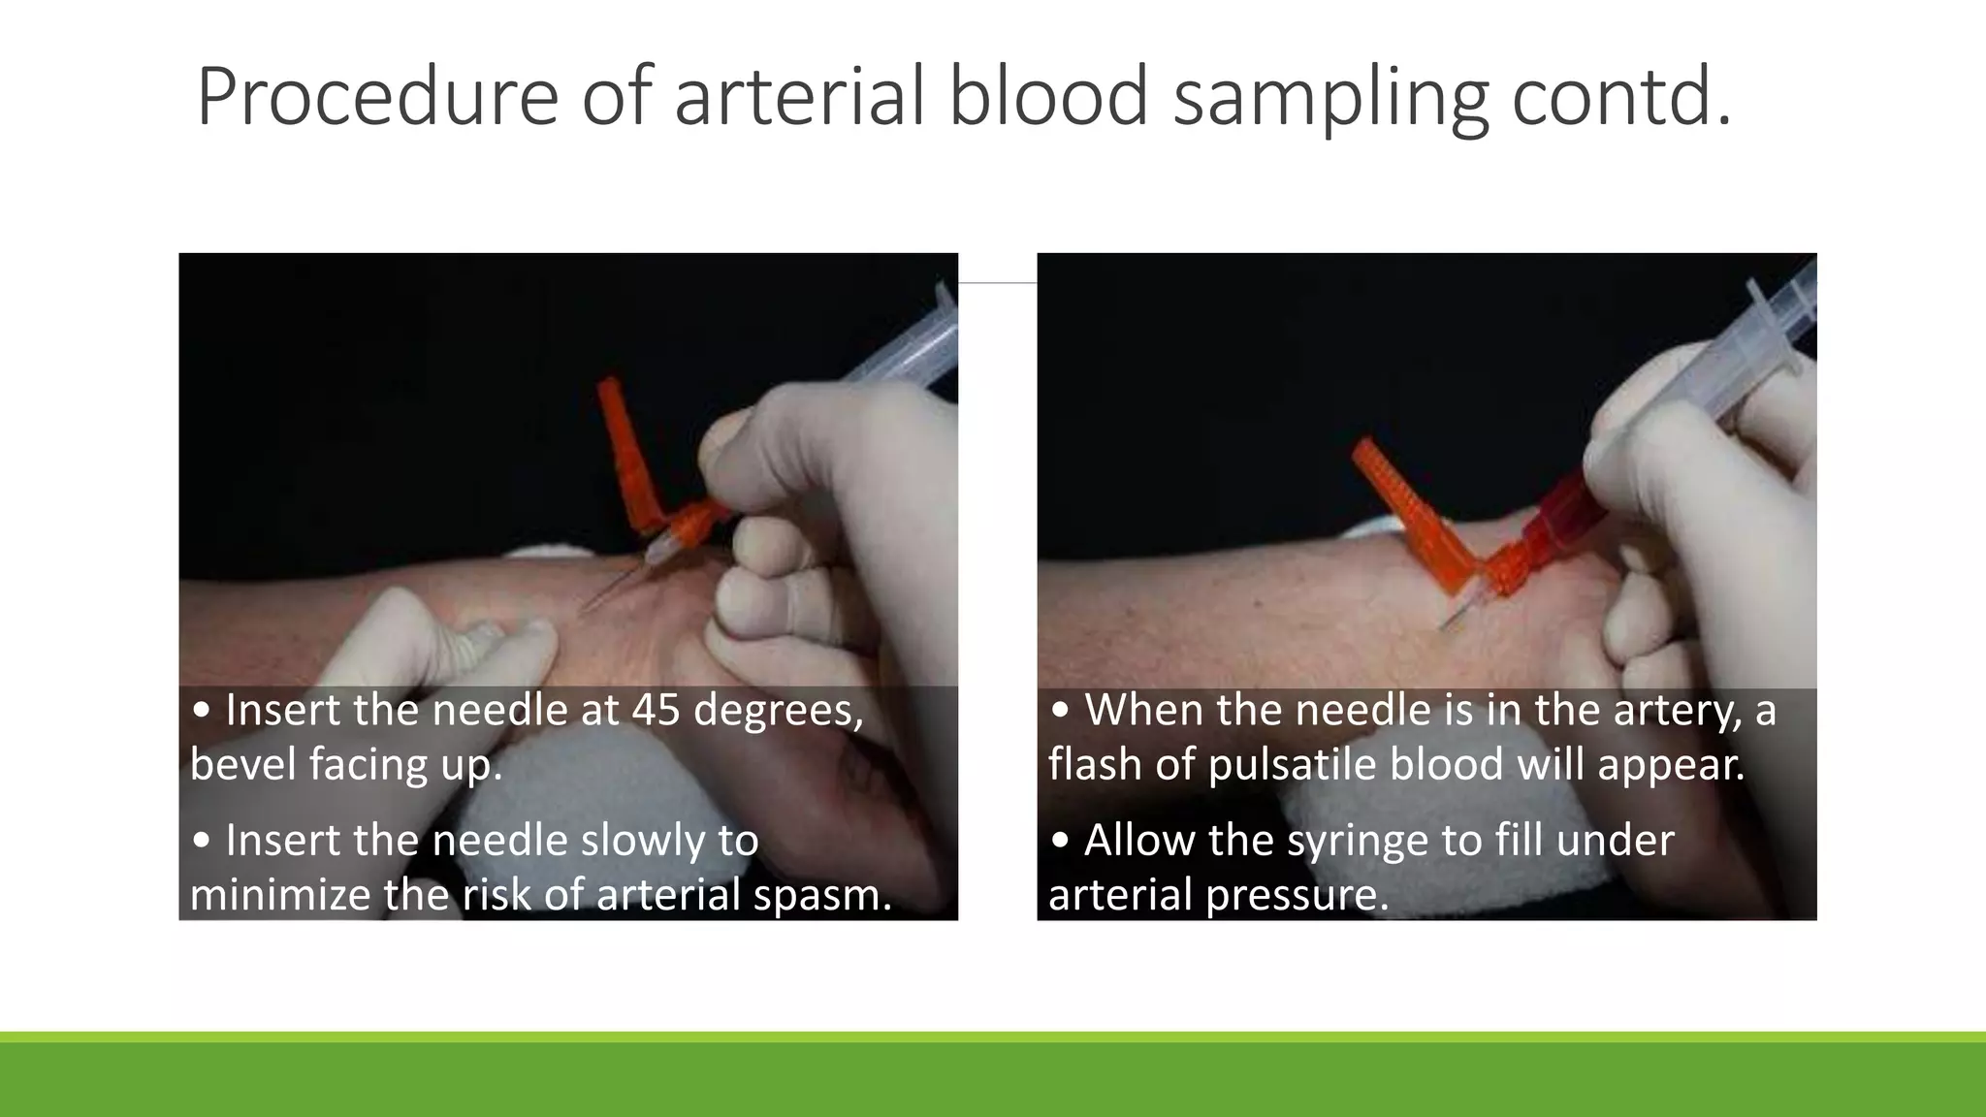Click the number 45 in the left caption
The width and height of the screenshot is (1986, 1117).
point(657,710)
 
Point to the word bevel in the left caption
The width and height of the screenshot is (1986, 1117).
point(242,764)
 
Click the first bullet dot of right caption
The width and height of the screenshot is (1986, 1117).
point(1060,711)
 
